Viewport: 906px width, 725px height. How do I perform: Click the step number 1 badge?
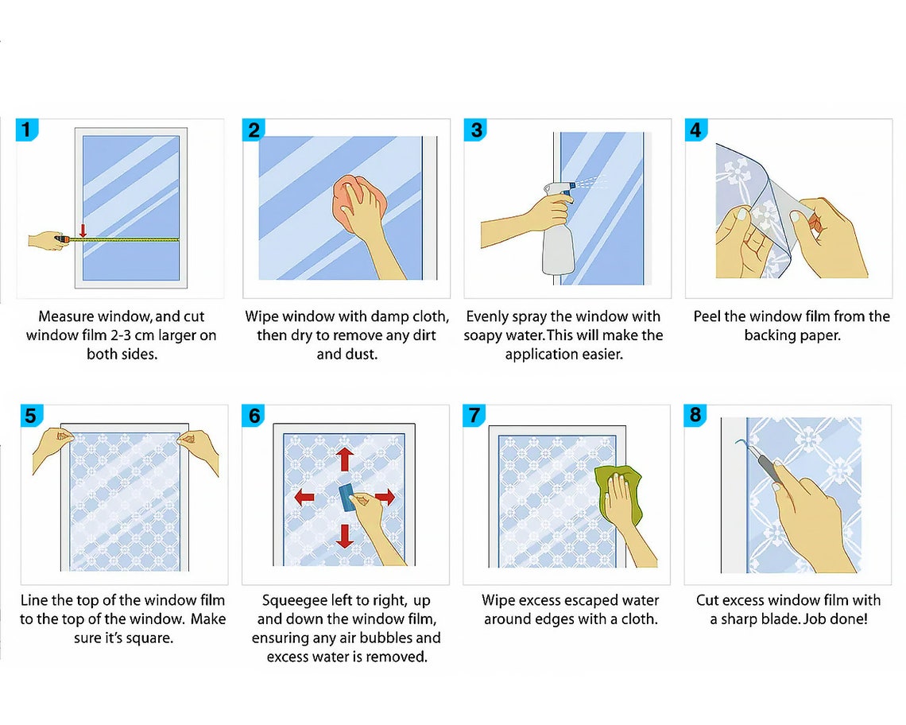[x=26, y=130]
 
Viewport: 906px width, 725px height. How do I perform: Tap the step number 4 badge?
[x=695, y=130]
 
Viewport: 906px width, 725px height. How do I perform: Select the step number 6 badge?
[x=254, y=416]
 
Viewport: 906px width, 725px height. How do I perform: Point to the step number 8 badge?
[x=695, y=415]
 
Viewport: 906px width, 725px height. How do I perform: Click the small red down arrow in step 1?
[x=83, y=230]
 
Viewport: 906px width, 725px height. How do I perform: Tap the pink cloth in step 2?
[x=358, y=204]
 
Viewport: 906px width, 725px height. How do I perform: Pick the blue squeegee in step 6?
[x=348, y=498]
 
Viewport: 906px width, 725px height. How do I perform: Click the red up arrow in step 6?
[x=345, y=459]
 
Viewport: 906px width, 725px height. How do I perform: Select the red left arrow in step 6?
[x=304, y=497]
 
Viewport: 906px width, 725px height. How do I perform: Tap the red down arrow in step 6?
[x=345, y=536]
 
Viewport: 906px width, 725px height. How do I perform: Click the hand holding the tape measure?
[x=46, y=240]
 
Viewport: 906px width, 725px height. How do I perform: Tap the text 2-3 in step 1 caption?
[x=121, y=335]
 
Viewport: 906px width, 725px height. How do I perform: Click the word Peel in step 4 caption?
[x=706, y=316]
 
